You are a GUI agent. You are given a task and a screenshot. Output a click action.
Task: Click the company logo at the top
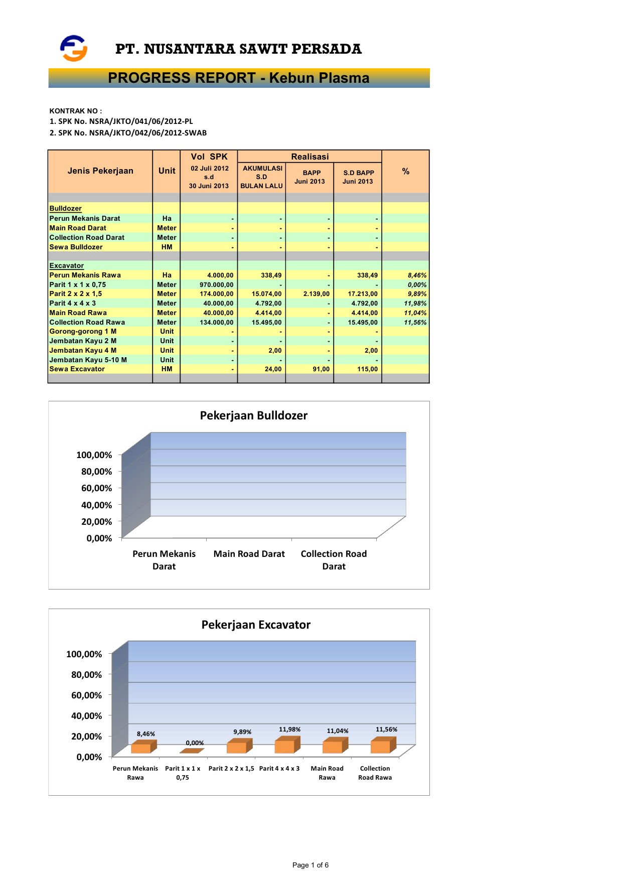pos(74,48)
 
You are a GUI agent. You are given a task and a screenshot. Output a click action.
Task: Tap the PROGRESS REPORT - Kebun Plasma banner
pos(239,78)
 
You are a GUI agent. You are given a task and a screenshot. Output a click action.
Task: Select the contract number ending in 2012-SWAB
pos(128,133)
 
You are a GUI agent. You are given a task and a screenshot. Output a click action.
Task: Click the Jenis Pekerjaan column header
pos(100,171)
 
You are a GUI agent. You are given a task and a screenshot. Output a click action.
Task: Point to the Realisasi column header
pos(309,157)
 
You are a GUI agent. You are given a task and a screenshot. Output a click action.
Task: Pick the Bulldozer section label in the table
pos(66,209)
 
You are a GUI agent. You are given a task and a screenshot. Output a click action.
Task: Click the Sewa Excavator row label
pos(77,369)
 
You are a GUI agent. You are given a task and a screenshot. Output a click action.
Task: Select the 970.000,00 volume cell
pos(217,285)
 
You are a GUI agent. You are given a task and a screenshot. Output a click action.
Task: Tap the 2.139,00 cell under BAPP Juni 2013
pos(317,294)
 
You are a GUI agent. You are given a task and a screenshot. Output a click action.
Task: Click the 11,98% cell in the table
pos(415,304)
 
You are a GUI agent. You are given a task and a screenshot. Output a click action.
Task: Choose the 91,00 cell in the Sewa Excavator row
pos(321,369)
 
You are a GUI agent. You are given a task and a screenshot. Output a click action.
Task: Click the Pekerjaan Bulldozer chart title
pos(253,415)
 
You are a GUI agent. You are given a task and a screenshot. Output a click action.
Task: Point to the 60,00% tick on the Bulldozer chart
pos(97,488)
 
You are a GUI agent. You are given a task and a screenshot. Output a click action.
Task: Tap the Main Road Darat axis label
pos(249,554)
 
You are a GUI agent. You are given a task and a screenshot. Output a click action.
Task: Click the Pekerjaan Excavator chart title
pos(256,625)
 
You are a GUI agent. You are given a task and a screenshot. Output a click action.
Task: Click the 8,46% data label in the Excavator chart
pos(146,734)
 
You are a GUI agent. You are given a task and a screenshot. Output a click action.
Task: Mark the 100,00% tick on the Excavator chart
pos(84,654)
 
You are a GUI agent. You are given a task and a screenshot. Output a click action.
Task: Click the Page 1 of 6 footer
pos(310,865)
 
